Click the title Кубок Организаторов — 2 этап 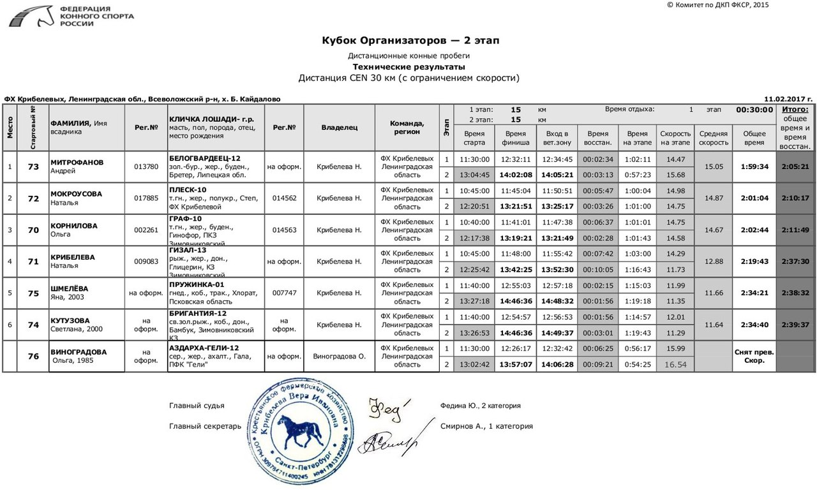tap(410, 41)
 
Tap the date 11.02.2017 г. tap(788, 99)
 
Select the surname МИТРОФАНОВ tap(77, 163)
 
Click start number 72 tap(34, 198)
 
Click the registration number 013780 tap(146, 167)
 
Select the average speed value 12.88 tap(713, 261)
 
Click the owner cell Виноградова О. tap(339, 357)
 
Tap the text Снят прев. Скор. tap(754, 356)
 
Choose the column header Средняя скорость tap(713, 138)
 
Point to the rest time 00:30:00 tap(754, 110)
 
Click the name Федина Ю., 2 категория tap(480, 406)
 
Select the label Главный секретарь tap(205, 426)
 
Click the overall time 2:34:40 tap(754, 325)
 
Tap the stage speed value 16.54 tap(675, 364)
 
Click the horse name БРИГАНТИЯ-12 tap(198, 313)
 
